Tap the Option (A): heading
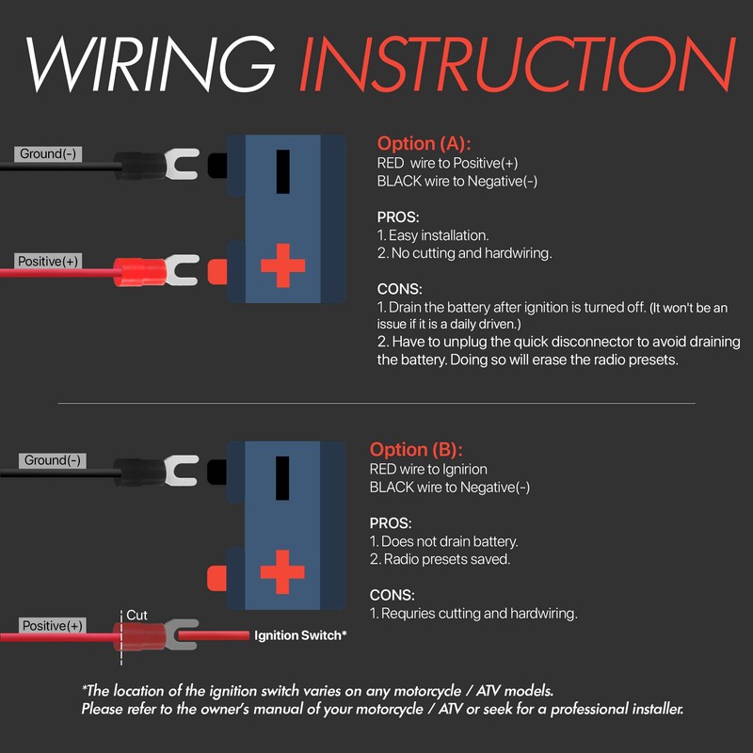[x=425, y=144]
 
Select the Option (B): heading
[x=417, y=450]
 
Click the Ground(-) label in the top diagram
[x=48, y=153]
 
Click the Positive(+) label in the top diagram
[x=48, y=261]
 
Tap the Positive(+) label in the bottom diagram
[x=53, y=626]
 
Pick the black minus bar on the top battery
[x=282, y=170]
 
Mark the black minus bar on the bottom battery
[x=282, y=477]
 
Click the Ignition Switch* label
[x=300, y=635]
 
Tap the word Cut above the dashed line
[x=137, y=615]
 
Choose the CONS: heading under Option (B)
[x=393, y=595]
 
